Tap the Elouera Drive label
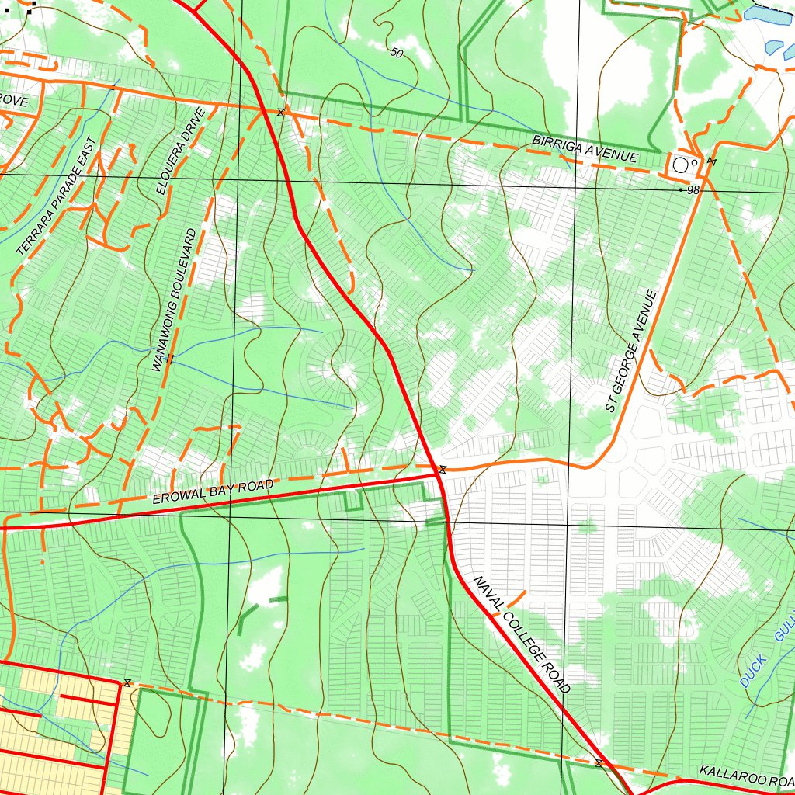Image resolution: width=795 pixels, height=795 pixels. (180, 151)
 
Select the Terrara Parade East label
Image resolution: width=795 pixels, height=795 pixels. (56, 197)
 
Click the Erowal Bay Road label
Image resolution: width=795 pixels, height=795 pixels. (213, 492)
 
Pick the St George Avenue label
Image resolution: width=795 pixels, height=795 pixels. (631, 351)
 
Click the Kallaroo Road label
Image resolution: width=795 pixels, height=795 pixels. (745, 776)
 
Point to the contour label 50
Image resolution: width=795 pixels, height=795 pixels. (397, 53)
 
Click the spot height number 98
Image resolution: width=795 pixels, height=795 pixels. (693, 190)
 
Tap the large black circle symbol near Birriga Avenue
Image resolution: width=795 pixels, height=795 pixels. (681, 165)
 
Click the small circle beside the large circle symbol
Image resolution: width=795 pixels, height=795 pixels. (694, 162)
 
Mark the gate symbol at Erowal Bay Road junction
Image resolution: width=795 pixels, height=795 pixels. (442, 469)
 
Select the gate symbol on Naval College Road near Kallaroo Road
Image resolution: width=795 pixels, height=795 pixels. (598, 764)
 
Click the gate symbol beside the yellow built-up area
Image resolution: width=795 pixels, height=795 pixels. (127, 682)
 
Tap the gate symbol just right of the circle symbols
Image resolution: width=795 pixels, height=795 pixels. (711, 161)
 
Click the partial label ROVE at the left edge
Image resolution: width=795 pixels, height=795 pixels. (14, 102)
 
